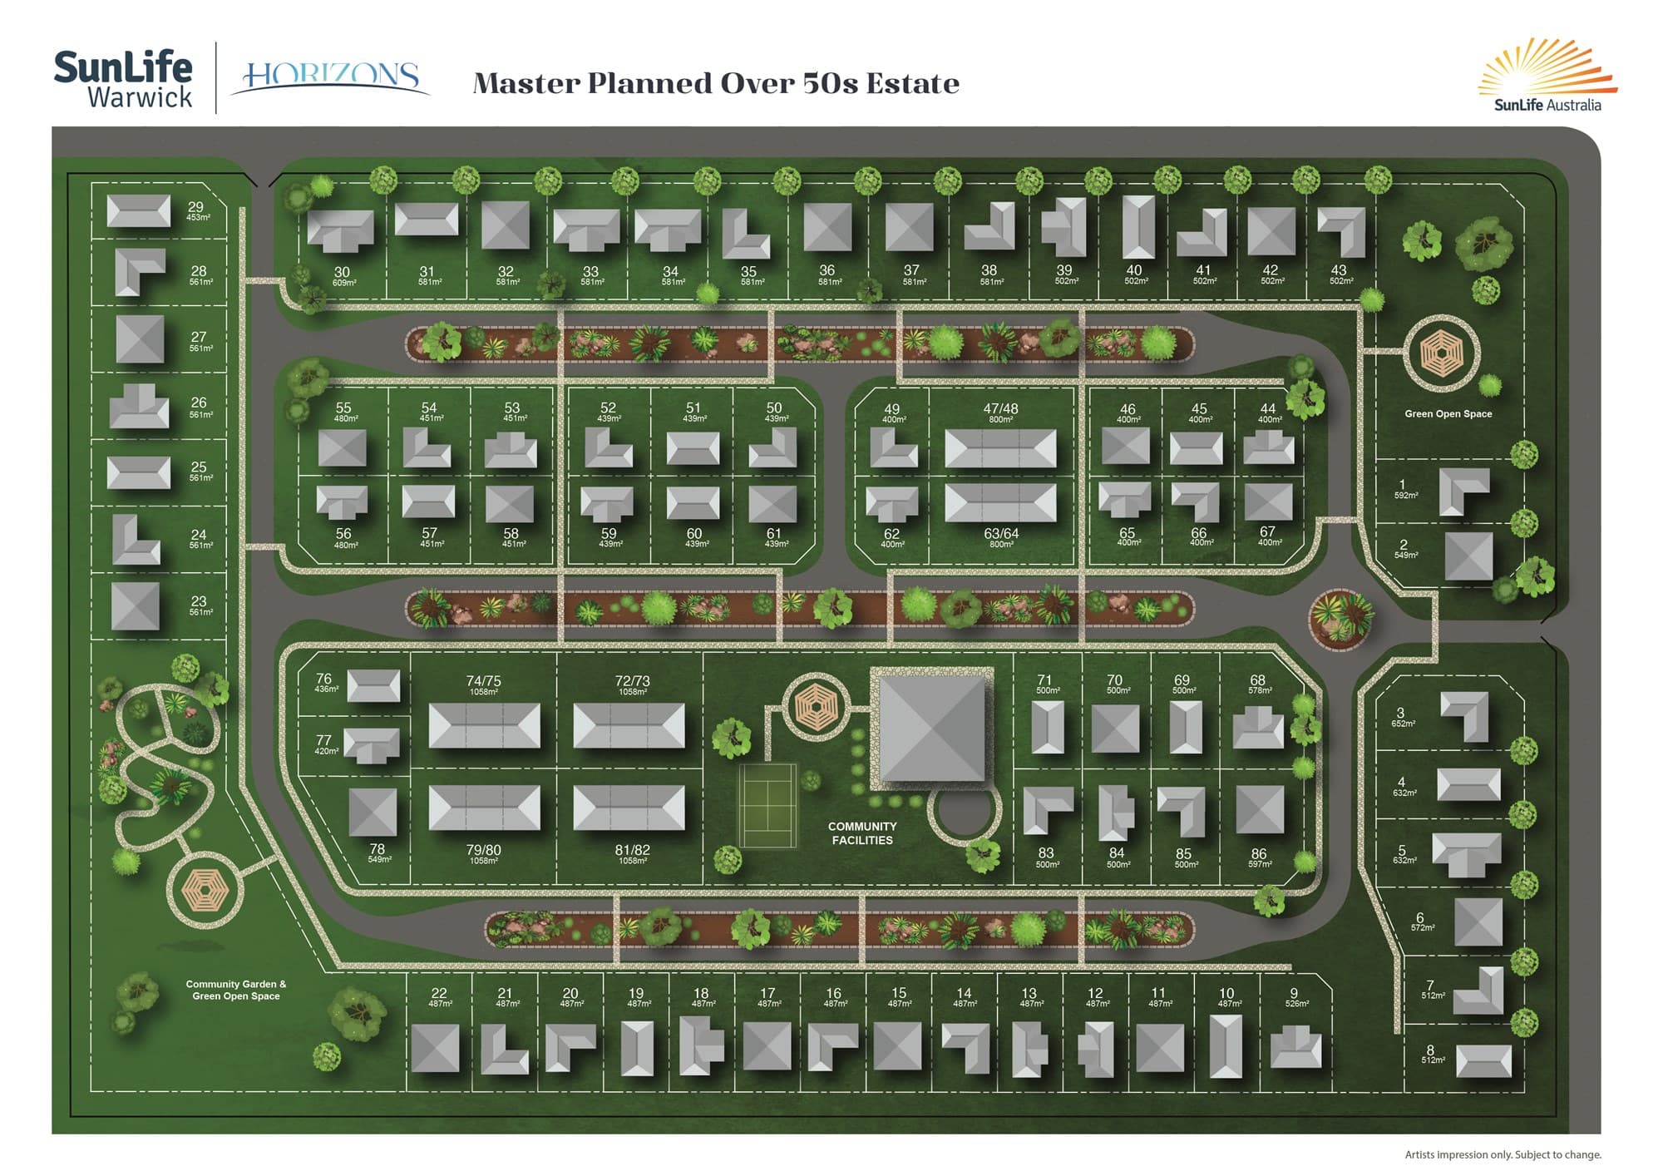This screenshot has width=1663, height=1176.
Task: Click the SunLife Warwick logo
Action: click(123, 79)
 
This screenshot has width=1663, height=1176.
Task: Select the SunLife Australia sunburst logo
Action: click(1547, 75)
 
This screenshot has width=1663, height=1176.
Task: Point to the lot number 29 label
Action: click(195, 207)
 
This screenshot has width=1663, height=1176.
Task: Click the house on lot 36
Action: click(827, 227)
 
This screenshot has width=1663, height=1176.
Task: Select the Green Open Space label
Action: click(1448, 413)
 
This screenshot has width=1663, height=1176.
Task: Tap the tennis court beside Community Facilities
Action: click(767, 805)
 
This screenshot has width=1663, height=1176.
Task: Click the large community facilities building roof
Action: click(931, 729)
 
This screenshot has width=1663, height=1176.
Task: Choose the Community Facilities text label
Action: click(862, 833)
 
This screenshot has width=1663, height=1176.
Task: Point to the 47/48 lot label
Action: click(1000, 408)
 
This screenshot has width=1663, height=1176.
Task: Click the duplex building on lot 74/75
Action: click(484, 725)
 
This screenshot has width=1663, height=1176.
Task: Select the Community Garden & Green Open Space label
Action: click(236, 990)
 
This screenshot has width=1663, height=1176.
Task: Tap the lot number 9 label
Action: click(1294, 993)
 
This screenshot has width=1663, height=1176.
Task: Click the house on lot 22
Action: click(435, 1047)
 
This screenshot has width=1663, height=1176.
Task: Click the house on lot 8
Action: click(1483, 1060)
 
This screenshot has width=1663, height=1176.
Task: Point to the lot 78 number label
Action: click(378, 848)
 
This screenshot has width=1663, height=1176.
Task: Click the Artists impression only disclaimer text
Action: click(1503, 1154)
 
